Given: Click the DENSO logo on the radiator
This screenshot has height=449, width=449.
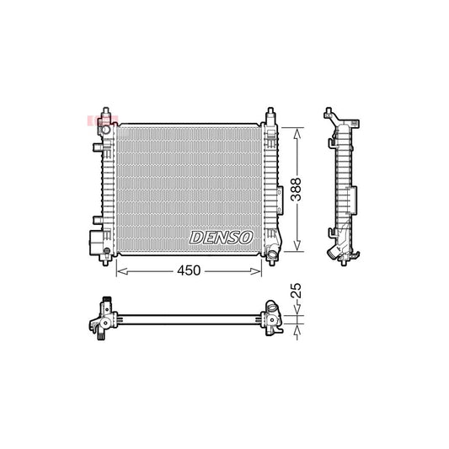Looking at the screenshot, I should click(x=221, y=238).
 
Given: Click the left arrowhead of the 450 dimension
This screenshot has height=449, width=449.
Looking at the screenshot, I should click(x=117, y=270).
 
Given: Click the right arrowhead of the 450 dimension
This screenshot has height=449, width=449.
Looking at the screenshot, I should click(x=260, y=270).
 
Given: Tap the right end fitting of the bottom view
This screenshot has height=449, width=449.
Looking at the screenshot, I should click(x=274, y=318).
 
